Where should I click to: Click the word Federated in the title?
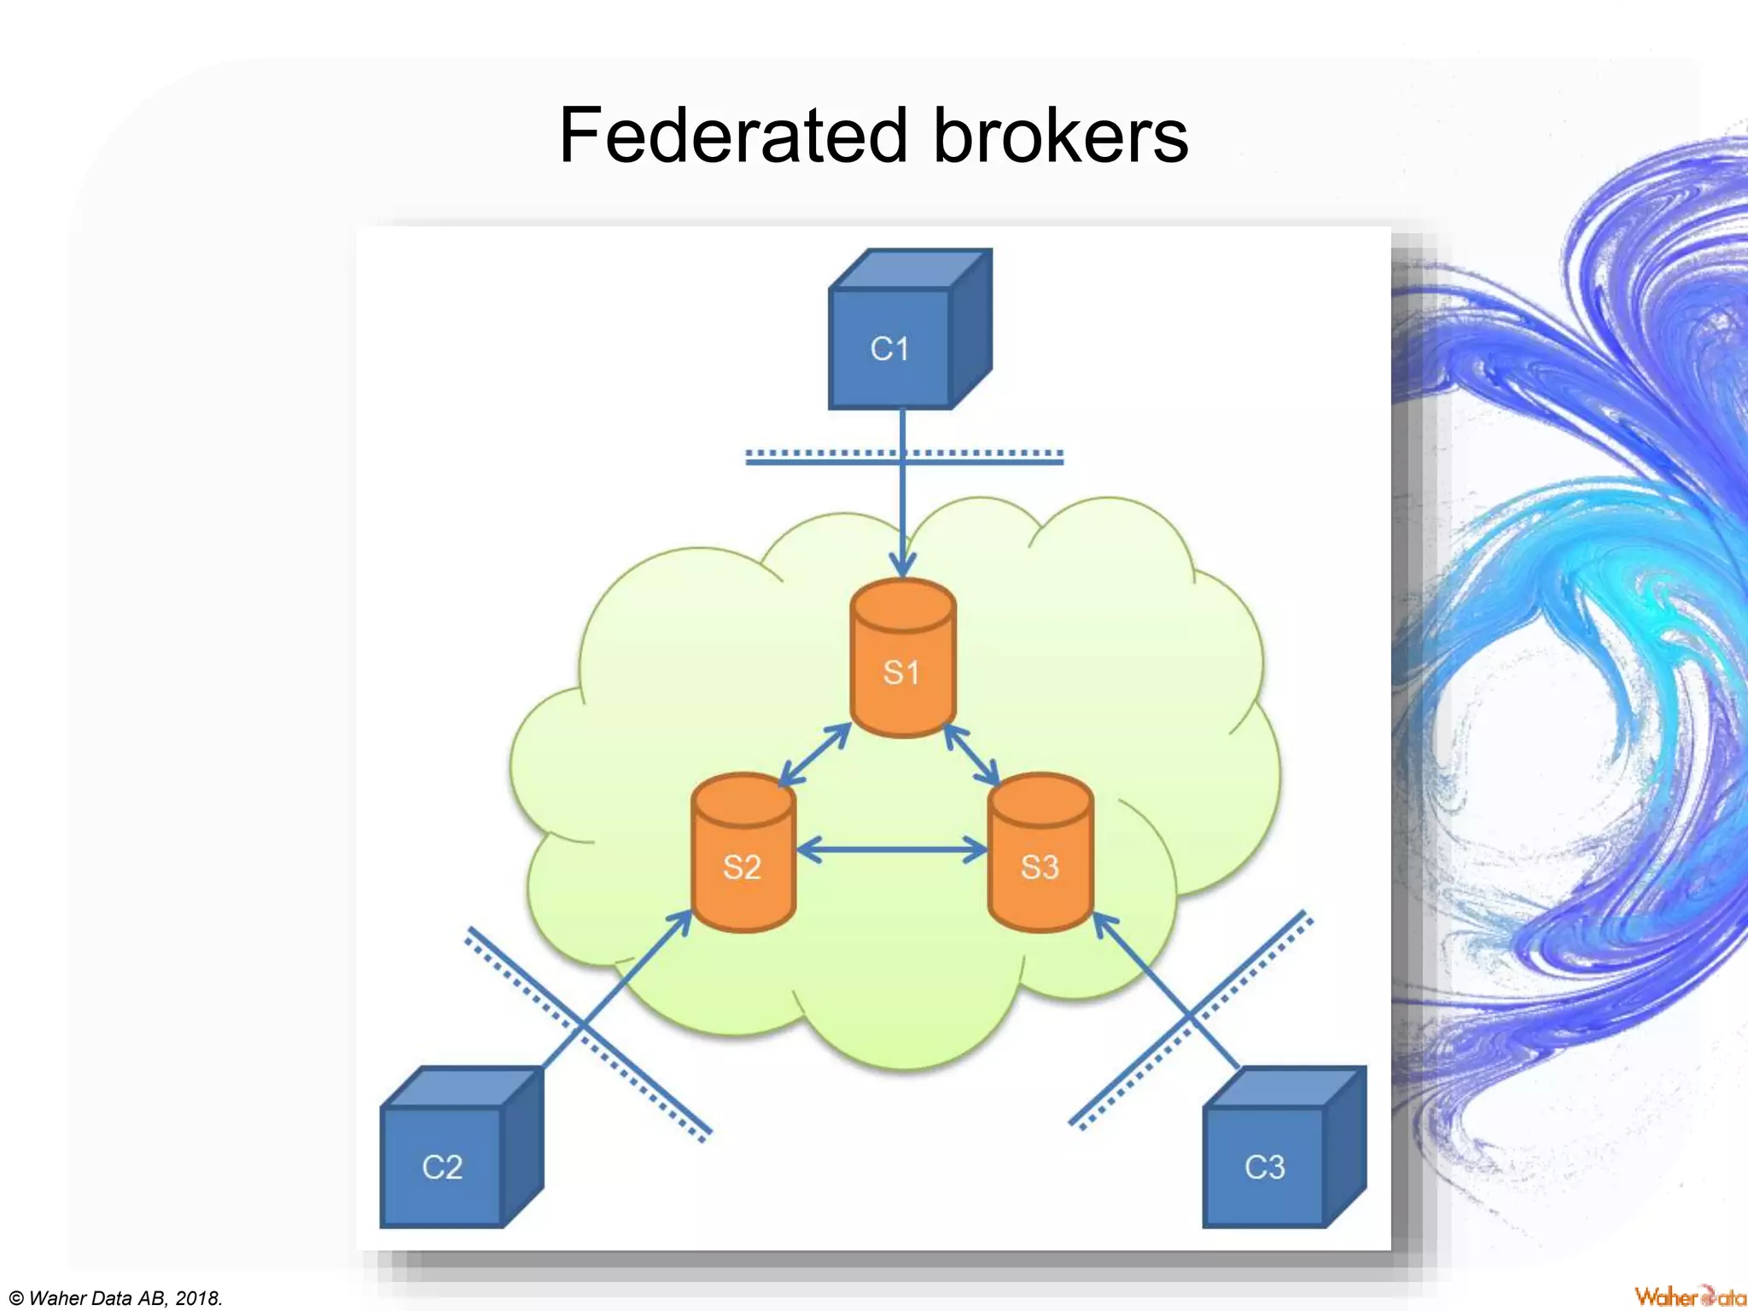pyautogui.click(x=732, y=137)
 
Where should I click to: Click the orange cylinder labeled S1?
pyautogui.click(x=902, y=666)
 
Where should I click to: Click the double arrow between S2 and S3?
pyautogui.click(x=892, y=850)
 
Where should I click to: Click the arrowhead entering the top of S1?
pyautogui.click(x=902, y=565)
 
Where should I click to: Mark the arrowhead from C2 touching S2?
pyautogui.click(x=682, y=920)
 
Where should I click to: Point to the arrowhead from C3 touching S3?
pyautogui.click(x=1103, y=922)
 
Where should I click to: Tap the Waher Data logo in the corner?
pyautogui.click(x=1689, y=1296)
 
